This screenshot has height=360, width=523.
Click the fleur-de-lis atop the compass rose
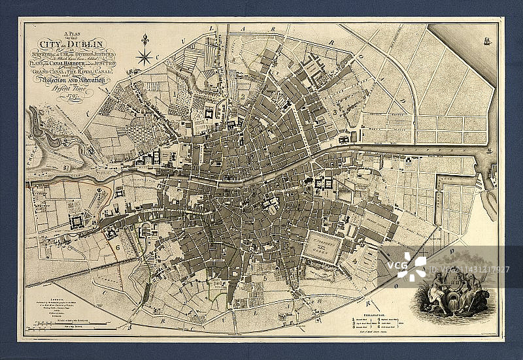144,41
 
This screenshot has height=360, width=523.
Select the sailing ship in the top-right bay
486,41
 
